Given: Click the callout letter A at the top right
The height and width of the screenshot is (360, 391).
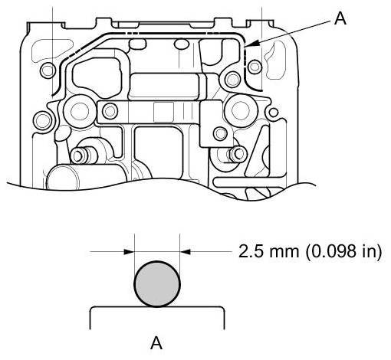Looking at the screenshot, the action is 340,19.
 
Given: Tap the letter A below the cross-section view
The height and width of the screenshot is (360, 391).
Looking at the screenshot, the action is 156,343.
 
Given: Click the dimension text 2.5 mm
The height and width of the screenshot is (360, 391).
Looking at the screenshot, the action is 268,251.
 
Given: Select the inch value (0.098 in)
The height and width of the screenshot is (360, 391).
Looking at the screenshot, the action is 343,251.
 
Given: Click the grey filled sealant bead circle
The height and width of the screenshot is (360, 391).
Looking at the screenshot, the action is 157,283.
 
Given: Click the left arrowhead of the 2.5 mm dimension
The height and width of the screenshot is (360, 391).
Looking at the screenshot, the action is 129,252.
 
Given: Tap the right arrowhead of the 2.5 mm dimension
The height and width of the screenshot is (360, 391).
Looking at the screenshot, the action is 186,252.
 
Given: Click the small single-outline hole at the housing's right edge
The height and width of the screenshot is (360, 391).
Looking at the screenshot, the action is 274,113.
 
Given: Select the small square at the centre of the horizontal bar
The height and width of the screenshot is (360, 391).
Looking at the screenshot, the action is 164,112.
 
